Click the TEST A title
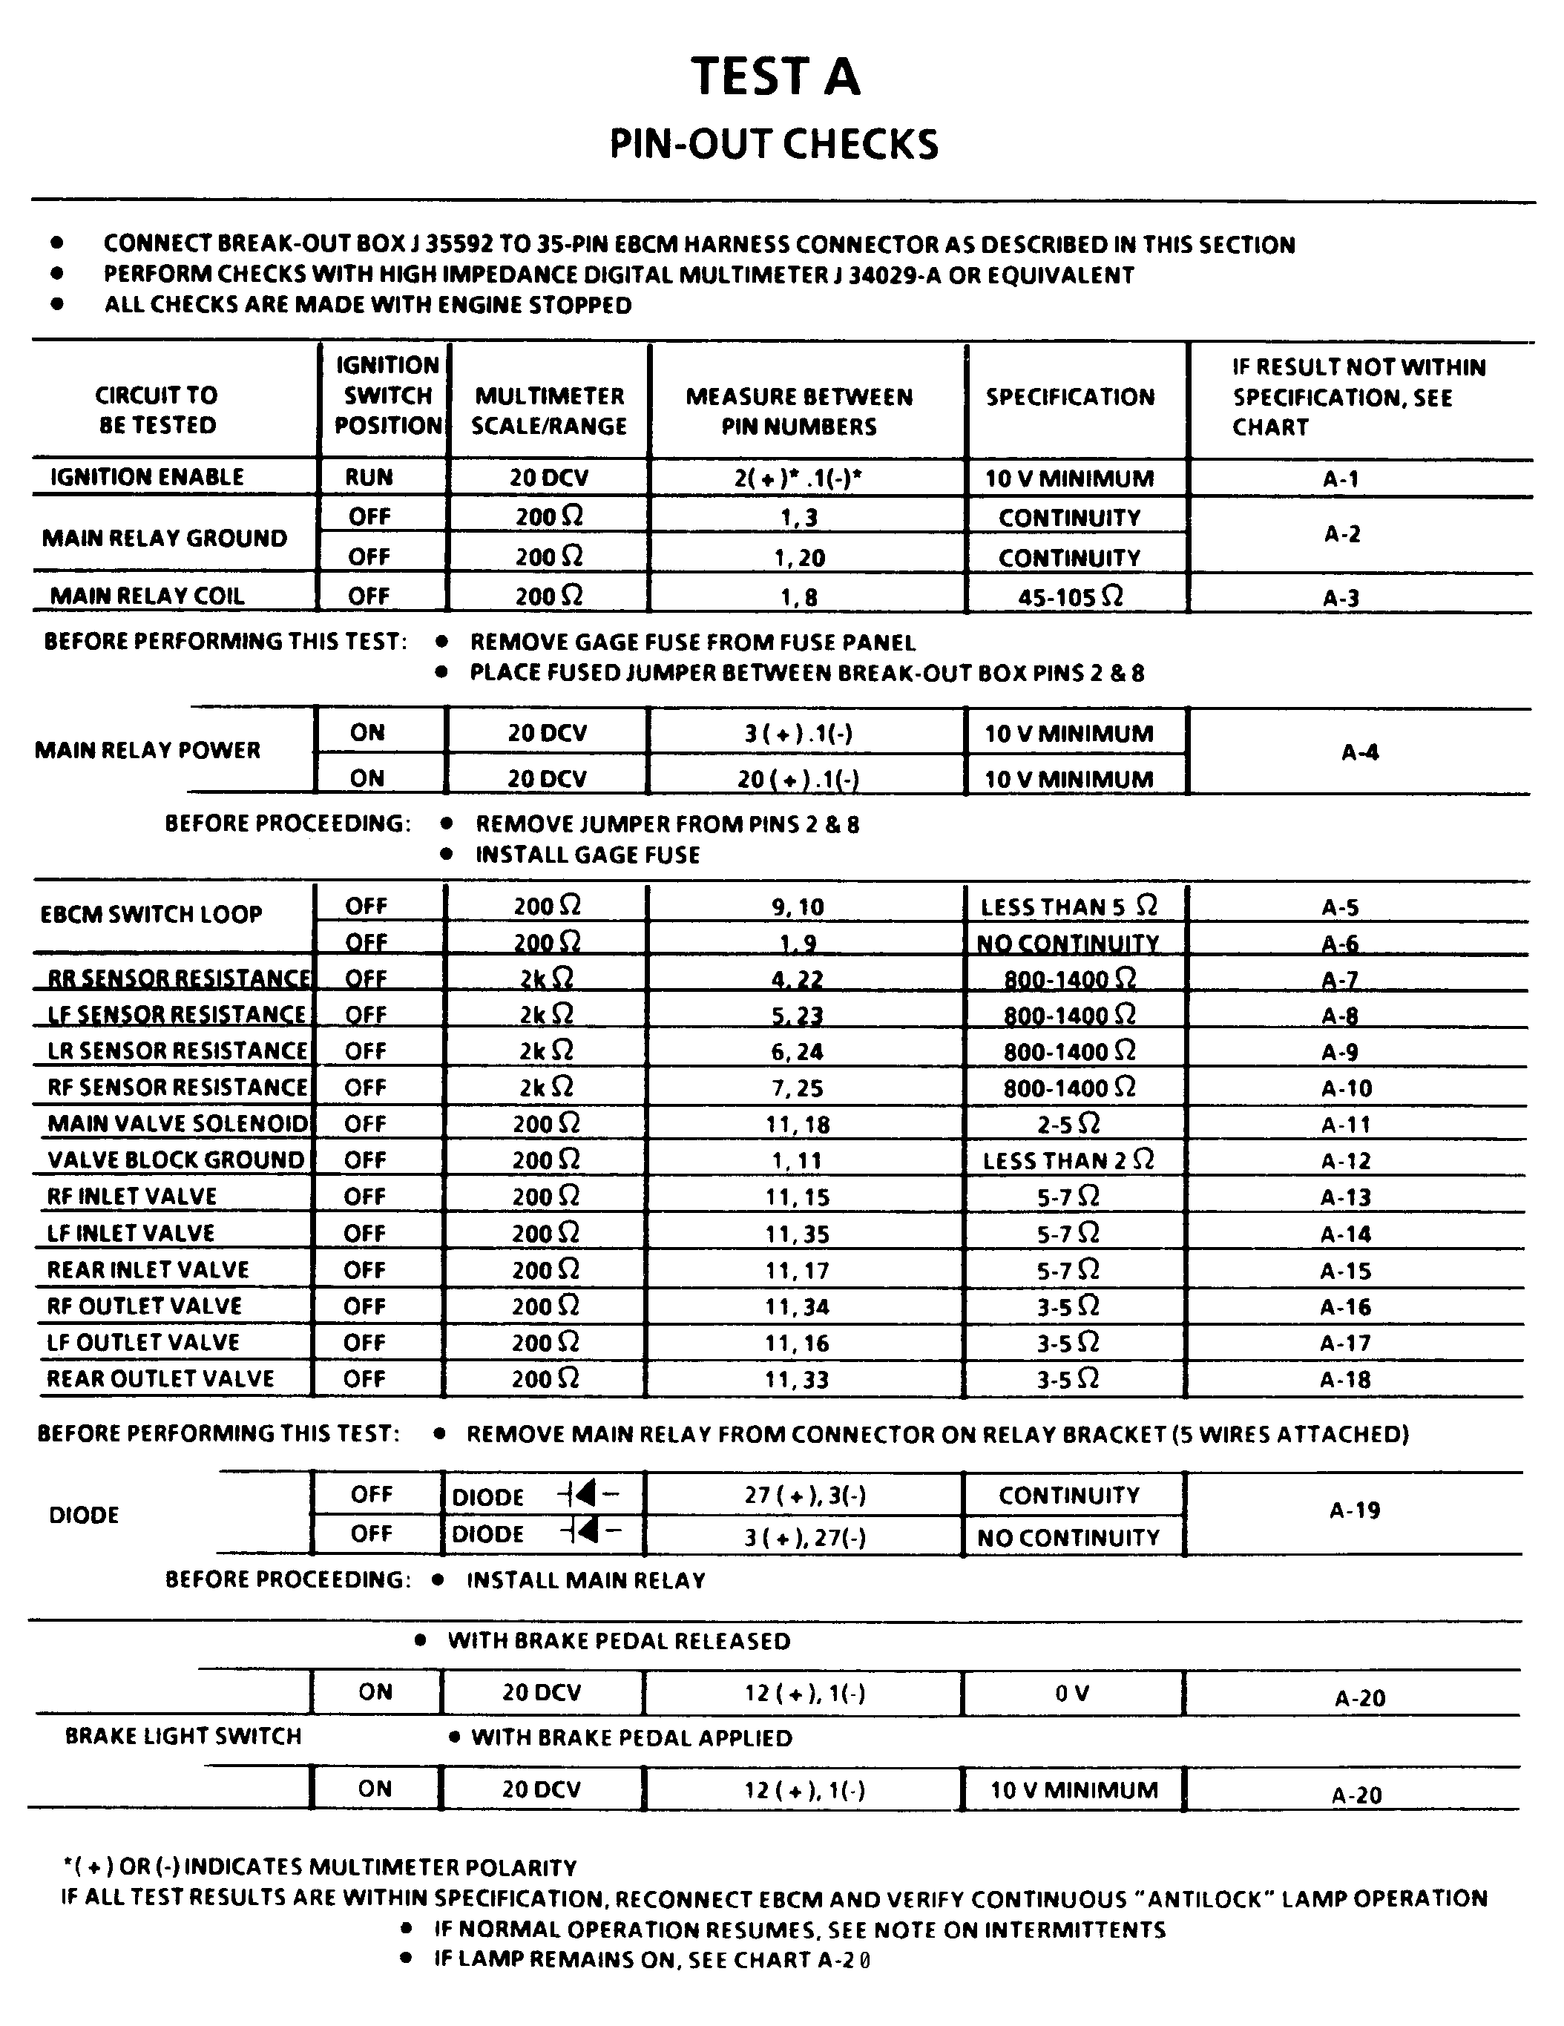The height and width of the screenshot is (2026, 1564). click(x=775, y=76)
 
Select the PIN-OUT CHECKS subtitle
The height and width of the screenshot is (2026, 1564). click(x=774, y=145)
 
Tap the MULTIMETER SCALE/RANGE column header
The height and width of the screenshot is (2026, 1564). click(x=549, y=411)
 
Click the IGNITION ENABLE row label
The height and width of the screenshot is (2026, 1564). click(x=147, y=477)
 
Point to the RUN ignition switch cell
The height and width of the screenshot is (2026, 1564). click(x=369, y=477)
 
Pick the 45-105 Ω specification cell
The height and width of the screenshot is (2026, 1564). click(x=1071, y=596)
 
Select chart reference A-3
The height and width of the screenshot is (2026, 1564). click(x=1341, y=597)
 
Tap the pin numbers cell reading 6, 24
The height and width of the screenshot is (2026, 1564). click(x=797, y=1052)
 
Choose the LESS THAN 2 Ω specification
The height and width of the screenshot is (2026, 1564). click(x=1068, y=1160)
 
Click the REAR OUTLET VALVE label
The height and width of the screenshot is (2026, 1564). click(x=160, y=1378)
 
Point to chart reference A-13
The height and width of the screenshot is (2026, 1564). click(x=1345, y=1197)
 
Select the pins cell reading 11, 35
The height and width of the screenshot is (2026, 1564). click(x=797, y=1234)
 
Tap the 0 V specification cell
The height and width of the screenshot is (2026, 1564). click(x=1071, y=1694)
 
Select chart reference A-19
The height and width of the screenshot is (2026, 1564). click(x=1354, y=1511)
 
